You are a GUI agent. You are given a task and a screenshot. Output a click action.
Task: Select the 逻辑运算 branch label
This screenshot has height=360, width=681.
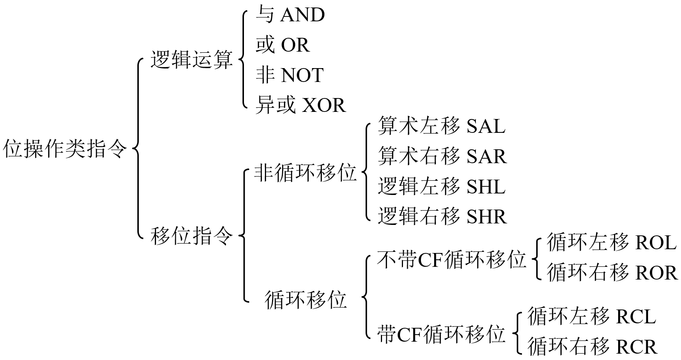(192, 60)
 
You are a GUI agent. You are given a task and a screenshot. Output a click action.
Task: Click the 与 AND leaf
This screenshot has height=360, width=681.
(290, 15)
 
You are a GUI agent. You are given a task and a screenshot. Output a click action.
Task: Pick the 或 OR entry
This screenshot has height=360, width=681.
(283, 45)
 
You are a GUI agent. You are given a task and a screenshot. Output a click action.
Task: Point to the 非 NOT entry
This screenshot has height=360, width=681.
(289, 75)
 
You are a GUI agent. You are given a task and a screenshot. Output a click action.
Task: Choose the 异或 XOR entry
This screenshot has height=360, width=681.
(300, 105)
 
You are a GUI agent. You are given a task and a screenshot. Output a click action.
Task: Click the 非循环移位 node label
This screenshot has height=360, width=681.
(305, 173)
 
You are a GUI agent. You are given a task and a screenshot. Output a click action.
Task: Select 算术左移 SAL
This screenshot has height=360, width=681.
(442, 126)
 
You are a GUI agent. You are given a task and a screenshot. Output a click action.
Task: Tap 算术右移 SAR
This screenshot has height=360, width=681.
(442, 156)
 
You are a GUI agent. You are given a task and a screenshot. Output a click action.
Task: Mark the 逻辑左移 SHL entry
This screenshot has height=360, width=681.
(442, 186)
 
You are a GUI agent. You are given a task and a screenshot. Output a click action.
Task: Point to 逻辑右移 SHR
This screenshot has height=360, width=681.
(442, 216)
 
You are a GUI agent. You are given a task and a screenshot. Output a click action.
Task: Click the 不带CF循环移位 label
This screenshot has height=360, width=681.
(452, 260)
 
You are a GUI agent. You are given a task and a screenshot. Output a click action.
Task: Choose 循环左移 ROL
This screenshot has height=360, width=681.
(611, 242)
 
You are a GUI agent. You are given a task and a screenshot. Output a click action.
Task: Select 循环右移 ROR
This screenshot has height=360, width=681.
(612, 272)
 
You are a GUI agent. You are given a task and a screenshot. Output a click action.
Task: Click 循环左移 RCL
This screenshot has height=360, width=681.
(592, 316)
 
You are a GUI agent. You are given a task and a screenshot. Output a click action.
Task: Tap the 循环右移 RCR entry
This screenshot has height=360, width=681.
(592, 346)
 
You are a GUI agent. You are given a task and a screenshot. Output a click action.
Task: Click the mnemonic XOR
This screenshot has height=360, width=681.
(324, 105)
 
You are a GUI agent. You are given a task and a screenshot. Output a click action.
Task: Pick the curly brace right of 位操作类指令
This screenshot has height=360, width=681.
(138, 149)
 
